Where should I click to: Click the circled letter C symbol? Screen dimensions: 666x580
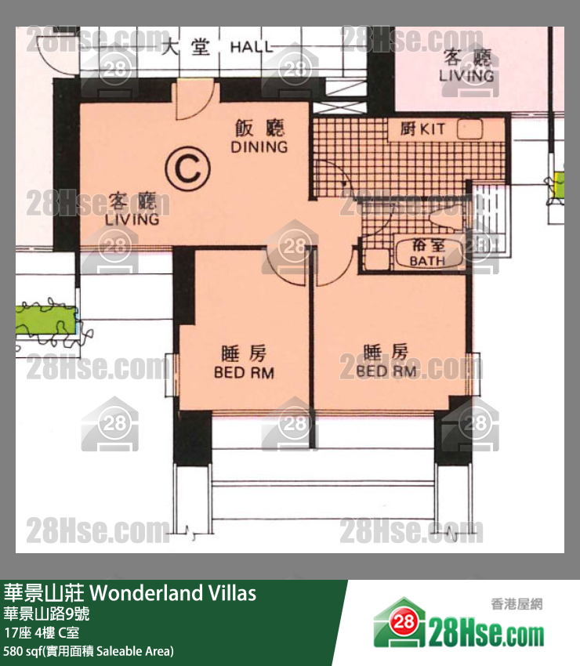[187, 168]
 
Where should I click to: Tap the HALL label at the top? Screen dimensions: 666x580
[252, 48]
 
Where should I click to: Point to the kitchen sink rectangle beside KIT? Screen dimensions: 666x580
[469, 129]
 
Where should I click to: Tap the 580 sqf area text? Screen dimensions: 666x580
[89, 651]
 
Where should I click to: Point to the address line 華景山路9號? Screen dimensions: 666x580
[46, 614]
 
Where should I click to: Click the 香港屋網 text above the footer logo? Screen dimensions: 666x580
[517, 604]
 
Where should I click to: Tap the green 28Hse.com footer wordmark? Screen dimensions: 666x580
[486, 630]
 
